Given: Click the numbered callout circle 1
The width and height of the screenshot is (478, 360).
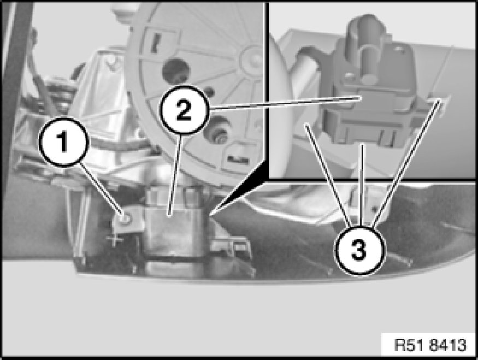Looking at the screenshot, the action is (x=64, y=142).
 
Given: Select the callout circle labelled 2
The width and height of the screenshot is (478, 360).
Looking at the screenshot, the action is (x=184, y=110).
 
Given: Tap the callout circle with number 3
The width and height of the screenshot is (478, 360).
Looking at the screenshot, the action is (x=359, y=250).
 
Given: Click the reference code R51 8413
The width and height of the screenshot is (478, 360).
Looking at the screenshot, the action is (x=430, y=345).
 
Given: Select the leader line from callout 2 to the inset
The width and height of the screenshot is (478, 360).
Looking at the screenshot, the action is (x=285, y=103).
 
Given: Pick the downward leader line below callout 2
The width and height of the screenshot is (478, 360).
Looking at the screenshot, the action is (x=175, y=175).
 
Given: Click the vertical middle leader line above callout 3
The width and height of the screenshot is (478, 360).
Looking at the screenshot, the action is (x=362, y=185).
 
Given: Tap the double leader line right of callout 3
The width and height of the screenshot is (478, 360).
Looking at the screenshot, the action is (x=406, y=163).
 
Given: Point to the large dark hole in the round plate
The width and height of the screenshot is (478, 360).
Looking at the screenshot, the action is (x=176, y=72).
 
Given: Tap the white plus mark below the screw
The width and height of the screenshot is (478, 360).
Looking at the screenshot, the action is (x=115, y=240).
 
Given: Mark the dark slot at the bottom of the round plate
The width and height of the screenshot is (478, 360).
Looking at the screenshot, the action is (x=238, y=159).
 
